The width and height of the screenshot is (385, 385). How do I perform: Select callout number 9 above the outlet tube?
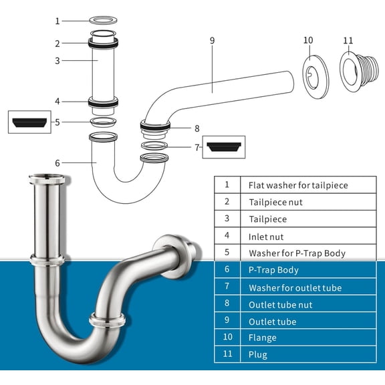[x=212, y=41]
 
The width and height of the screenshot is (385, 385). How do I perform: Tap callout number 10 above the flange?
[x=308, y=40]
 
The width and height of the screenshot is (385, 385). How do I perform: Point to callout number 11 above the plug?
[x=348, y=40]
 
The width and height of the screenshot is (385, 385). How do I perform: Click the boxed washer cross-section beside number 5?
[x=30, y=122]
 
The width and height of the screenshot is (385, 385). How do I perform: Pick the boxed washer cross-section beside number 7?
[x=223, y=146]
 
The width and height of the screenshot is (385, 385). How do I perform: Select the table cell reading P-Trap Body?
[x=273, y=270]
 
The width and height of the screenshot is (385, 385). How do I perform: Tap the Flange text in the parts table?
[x=261, y=338]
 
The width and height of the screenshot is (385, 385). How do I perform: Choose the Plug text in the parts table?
[x=257, y=355]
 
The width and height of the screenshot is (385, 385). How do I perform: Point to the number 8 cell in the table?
[x=227, y=304]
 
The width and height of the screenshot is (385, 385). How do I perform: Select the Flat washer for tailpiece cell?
[x=298, y=185]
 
